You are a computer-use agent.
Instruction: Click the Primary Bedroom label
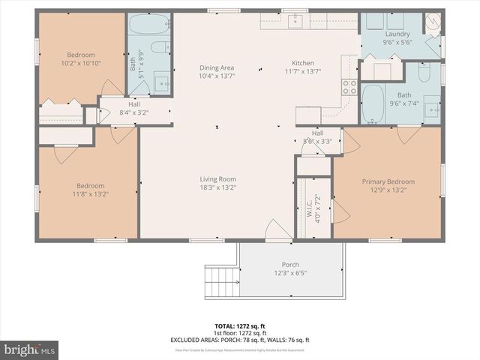388,181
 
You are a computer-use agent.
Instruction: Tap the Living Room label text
217,178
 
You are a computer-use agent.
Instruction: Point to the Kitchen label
303,63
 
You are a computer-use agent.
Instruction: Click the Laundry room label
397,34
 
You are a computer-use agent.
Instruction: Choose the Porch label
290,265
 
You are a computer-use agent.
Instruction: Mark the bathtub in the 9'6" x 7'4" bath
374,98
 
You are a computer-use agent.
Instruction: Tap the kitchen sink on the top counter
296,20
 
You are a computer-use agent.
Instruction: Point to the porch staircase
221,283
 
